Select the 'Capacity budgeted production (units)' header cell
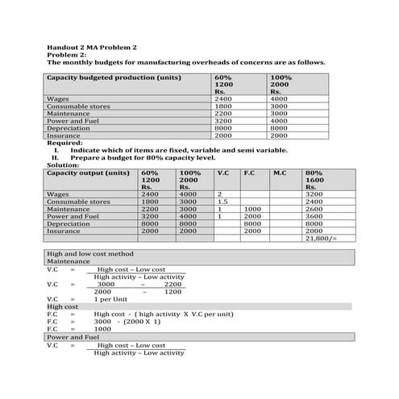[114, 77]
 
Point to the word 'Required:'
[64, 143]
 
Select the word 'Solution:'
[64, 164]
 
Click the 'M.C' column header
[280, 172]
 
